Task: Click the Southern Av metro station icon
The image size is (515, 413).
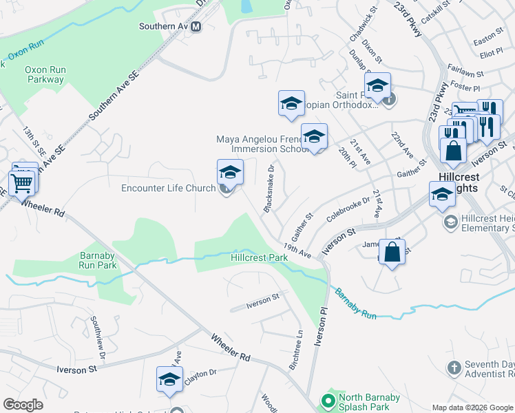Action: [196, 27]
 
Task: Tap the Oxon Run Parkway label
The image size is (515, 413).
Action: [44, 74]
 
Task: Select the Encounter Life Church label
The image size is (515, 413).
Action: [168, 188]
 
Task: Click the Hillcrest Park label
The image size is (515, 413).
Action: [259, 257]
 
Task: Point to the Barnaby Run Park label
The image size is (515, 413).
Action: [97, 260]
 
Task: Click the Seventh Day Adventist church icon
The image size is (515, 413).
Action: [453, 368]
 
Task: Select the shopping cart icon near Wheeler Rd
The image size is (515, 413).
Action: [22, 182]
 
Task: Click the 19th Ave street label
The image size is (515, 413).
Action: [297, 251]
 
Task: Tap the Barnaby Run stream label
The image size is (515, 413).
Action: [355, 303]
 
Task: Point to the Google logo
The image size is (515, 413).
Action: [23, 405]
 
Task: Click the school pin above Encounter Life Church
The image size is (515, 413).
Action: [230, 172]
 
